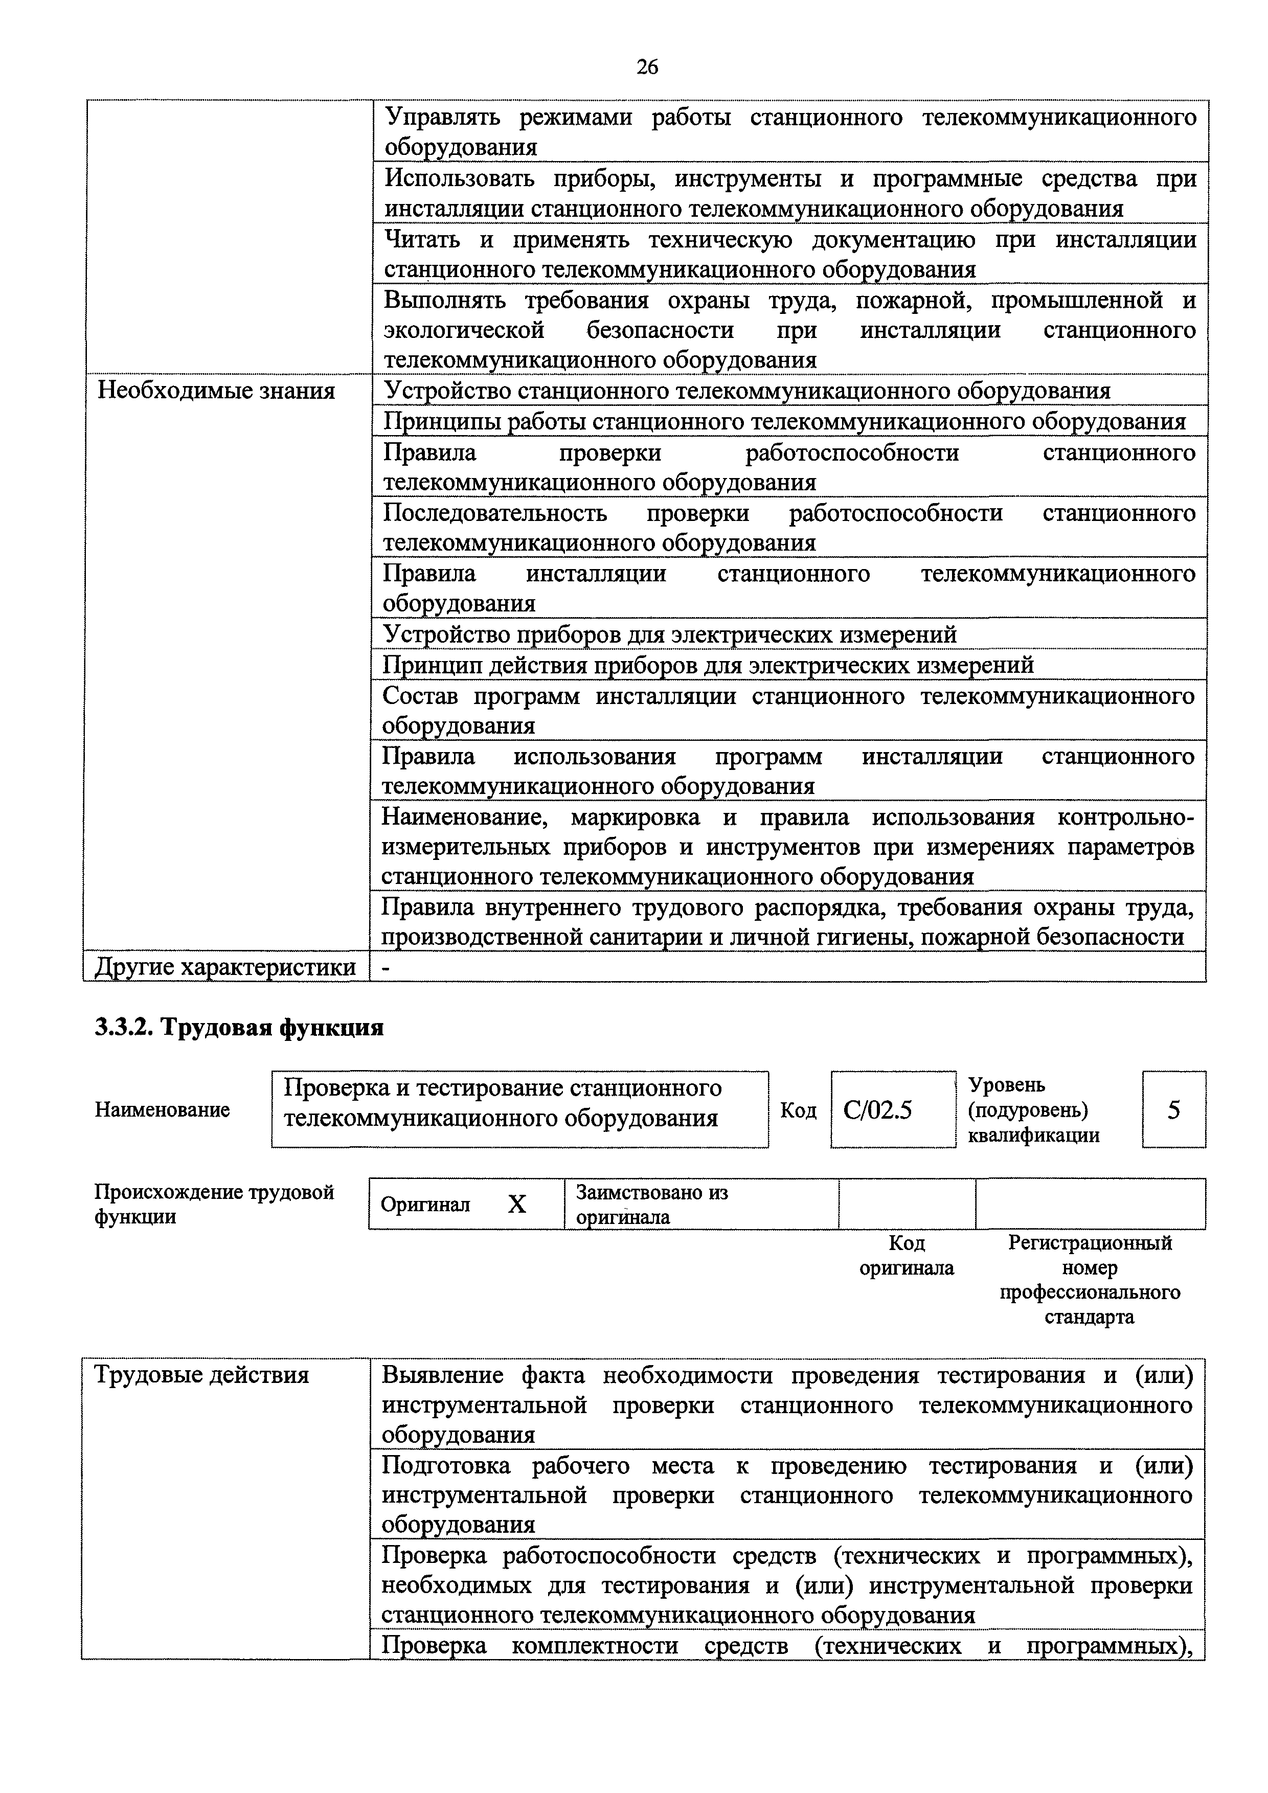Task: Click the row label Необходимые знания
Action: [215, 391]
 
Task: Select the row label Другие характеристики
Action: [225, 967]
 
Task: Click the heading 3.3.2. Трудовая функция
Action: [239, 1028]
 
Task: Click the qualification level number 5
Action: [1173, 1109]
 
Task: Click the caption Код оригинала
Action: [907, 1255]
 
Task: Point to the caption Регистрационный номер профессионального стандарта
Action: [1090, 1279]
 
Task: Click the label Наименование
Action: [163, 1109]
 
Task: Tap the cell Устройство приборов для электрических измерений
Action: [669, 634]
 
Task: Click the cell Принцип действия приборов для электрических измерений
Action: [708, 665]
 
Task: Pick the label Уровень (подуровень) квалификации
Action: [1034, 1109]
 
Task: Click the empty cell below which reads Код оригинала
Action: [907, 1204]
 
